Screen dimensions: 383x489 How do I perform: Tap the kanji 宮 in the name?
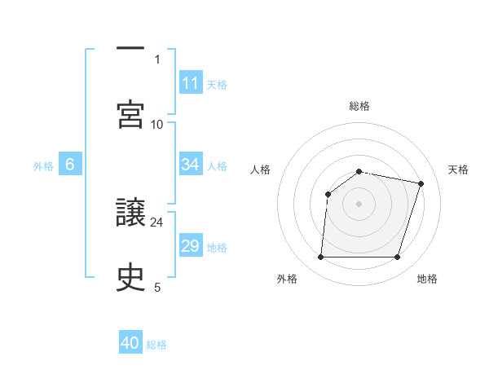130,114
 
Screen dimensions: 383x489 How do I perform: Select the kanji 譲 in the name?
130,214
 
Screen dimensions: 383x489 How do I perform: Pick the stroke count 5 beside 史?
157,287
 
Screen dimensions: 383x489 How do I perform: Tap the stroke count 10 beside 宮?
157,124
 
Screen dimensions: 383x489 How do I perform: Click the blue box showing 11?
190,83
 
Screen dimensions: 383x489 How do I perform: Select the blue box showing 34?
190,165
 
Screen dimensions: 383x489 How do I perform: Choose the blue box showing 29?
190,246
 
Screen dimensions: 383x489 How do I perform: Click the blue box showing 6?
70,165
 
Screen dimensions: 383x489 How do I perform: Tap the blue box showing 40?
130,343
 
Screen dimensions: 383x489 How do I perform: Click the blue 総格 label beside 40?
156,345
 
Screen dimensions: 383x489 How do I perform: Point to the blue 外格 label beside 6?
43,166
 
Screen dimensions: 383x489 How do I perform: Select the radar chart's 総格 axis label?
359,106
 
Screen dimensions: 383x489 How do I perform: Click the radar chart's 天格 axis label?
459,169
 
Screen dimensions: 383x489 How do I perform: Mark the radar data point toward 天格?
421,183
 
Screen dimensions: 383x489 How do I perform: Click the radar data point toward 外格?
320,258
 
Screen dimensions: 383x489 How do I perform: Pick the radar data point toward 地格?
398,258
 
